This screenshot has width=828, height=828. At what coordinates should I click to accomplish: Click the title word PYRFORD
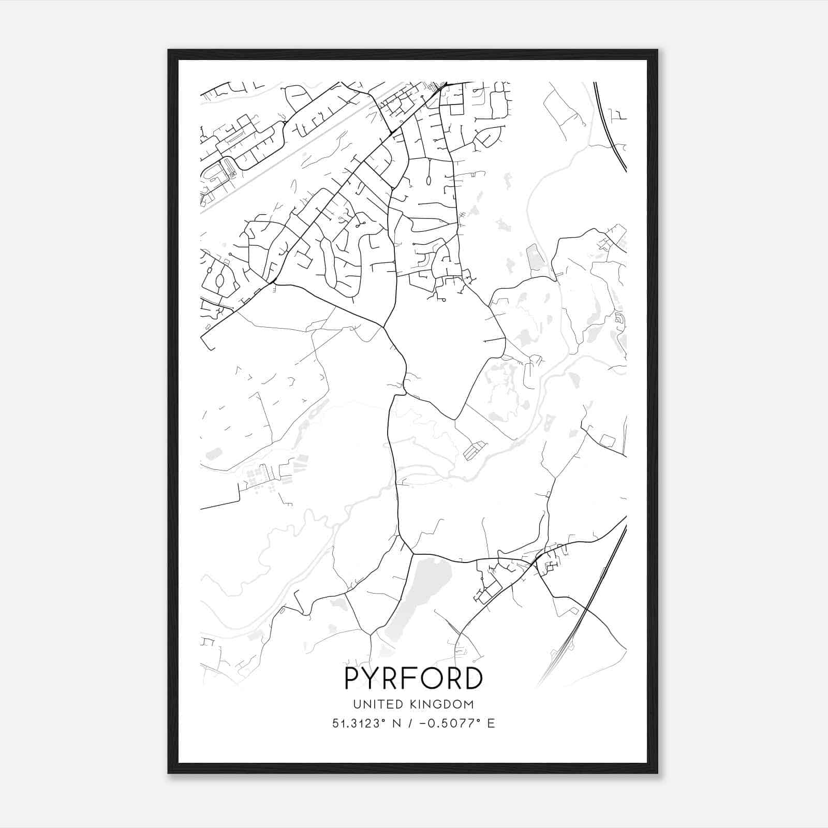(x=413, y=678)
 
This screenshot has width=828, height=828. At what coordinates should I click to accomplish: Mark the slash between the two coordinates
(x=411, y=723)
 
